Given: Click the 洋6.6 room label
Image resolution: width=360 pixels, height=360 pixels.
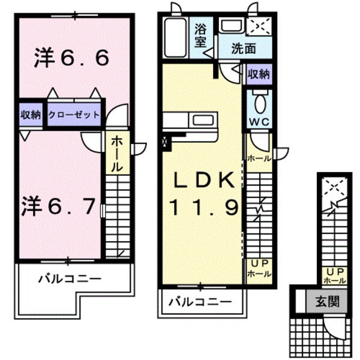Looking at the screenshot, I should coord(71,58).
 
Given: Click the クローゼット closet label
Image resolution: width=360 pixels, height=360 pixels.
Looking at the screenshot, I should coord(74,115).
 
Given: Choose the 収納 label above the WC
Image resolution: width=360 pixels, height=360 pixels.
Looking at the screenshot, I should coord(259,75).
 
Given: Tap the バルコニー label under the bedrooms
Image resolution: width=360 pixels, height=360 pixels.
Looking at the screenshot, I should coord(70,278).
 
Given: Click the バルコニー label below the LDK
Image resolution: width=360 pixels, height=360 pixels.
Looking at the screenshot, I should coord(199,301).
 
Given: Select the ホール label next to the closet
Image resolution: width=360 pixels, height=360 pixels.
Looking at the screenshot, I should coord(117,153).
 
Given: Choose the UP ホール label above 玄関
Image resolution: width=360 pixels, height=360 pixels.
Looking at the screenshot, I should coord(334,276).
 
